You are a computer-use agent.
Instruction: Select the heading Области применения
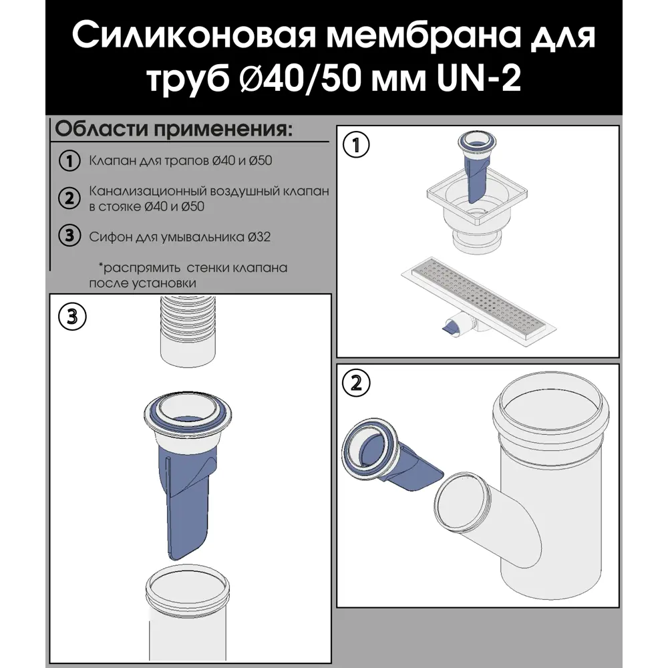click(x=173, y=128)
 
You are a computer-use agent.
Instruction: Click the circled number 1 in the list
click(x=67, y=161)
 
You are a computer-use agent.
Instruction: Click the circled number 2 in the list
click(x=67, y=198)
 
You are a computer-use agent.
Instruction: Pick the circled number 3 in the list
click(x=67, y=236)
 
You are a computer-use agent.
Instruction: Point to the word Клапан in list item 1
click(x=107, y=161)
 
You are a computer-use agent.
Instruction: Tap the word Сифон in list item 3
click(x=105, y=236)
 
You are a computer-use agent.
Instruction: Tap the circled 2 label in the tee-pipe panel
click(x=356, y=383)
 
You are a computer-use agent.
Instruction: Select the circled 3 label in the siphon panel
click(x=71, y=316)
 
